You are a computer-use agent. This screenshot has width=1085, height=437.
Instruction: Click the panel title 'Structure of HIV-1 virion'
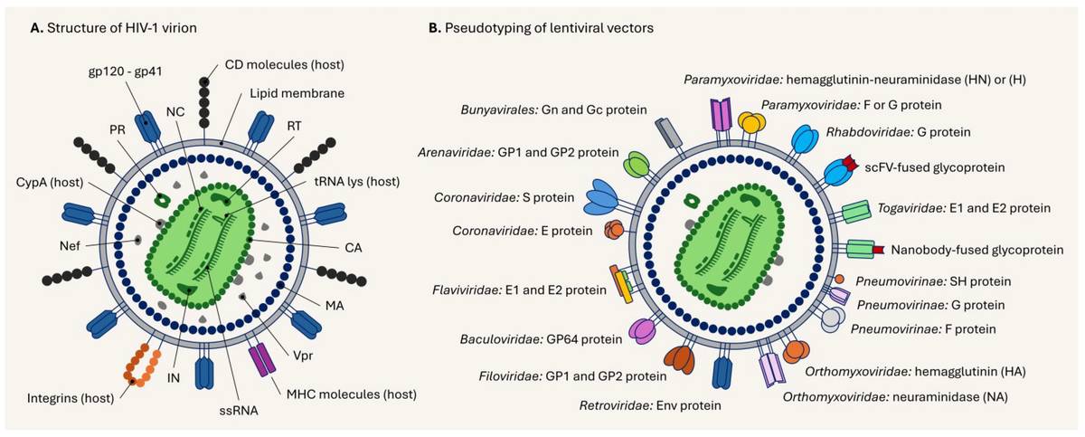tap(119, 28)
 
